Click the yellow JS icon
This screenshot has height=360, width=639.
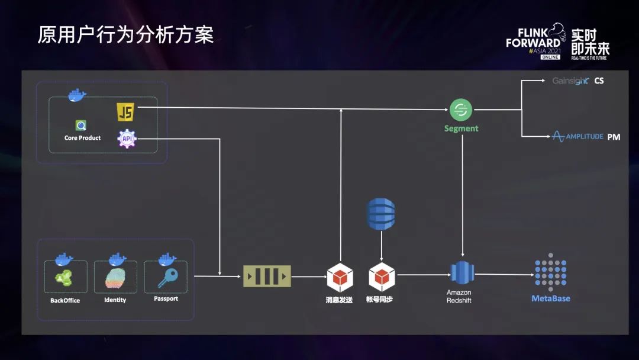coord(125,111)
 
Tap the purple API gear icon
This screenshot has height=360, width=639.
coord(127,139)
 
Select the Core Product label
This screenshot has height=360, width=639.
coord(82,138)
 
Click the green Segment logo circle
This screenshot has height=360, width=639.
coord(460,110)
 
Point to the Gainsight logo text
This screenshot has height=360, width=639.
coord(570,81)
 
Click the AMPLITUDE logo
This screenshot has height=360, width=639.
coord(577,136)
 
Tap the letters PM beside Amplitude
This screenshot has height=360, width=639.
coord(614,137)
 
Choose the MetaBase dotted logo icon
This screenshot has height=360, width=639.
coord(550,272)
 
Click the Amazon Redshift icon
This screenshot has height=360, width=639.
coord(461,272)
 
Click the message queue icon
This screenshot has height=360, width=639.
coord(267,276)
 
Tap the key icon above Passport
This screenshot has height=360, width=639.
coord(166,277)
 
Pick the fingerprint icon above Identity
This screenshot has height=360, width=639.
coord(115,278)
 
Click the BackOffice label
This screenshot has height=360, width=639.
coord(65,300)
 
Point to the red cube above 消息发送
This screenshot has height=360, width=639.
coord(340,277)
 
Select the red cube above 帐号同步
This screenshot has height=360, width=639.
coord(381,277)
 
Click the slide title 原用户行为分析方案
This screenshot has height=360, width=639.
coord(125,34)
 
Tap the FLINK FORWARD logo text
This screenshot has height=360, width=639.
coord(533,38)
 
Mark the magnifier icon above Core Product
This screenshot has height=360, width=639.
coord(81,126)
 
